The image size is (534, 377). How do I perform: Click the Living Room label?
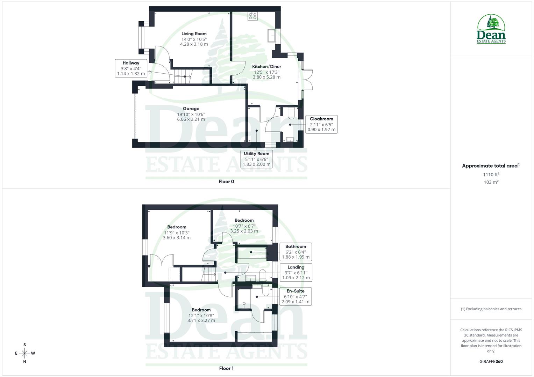coord(194,34)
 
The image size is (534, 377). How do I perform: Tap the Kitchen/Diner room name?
coord(266,67)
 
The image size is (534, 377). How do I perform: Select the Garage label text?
coord(191,109)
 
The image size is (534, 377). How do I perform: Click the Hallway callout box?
coord(131,68)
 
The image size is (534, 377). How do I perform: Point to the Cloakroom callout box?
coord(321,124)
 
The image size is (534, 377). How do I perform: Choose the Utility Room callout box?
coord(256,159)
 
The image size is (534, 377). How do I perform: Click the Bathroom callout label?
coord(296,252)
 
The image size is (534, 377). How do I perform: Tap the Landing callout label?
coord(296,273)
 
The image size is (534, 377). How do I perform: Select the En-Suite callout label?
coord(296,296)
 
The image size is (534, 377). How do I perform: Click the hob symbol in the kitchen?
coord(252,16)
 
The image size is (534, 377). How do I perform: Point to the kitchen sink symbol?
coord(271,36)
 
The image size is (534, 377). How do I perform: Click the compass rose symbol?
coord(24,353)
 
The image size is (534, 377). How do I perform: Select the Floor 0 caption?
coord(226,182)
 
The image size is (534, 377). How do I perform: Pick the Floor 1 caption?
coord(226,368)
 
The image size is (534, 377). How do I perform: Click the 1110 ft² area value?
coord(491,175)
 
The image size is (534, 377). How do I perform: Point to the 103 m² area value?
coord(491,182)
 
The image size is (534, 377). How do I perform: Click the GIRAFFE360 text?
coord(491,362)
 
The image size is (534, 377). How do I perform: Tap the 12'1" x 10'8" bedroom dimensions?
coord(201,315)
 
